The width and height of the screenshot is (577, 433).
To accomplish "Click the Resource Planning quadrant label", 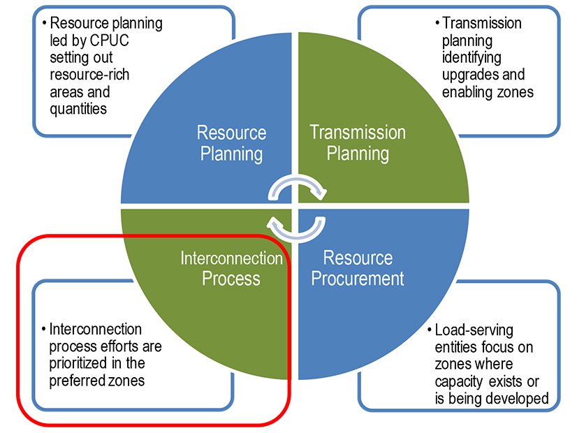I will click(231, 142).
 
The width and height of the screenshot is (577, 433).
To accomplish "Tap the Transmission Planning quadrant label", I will click(357, 142).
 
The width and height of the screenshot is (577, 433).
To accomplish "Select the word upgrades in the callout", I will click(460, 75).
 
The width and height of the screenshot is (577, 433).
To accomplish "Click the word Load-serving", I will click(473, 330).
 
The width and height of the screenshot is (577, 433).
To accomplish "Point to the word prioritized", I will click(73, 363).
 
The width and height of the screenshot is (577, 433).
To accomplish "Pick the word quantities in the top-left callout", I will click(77, 109).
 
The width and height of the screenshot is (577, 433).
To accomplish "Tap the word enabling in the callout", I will click(459, 91).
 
